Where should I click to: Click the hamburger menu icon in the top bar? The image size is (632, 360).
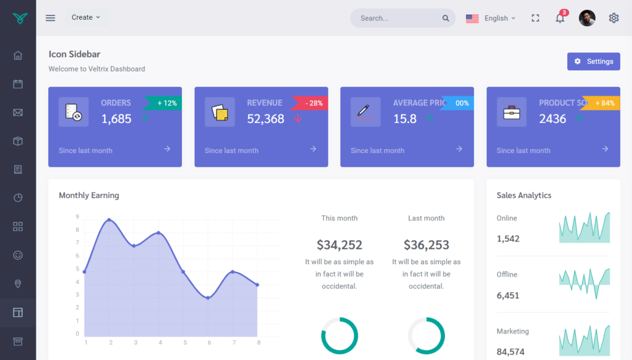51,18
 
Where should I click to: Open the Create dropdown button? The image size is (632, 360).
86,17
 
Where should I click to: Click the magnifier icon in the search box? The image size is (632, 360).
446,19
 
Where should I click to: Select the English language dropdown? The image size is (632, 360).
491,19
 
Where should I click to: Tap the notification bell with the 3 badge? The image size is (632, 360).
560,18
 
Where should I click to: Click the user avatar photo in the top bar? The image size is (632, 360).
587,18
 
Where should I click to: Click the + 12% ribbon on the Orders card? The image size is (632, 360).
165,103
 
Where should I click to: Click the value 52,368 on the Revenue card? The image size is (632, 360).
265,119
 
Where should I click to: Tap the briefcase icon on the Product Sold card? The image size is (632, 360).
512,112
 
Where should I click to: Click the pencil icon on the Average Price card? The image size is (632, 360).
365,112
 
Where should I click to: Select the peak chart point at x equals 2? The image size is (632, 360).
109,220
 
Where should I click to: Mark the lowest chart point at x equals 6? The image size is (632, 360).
208,298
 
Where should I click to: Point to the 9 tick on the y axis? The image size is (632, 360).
77,217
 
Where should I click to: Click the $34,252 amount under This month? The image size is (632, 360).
339,245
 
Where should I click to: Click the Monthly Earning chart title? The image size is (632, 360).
89,195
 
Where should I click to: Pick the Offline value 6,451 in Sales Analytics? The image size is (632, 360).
508,295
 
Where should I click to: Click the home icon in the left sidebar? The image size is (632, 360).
18,56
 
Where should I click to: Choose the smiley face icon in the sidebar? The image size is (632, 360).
18,255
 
